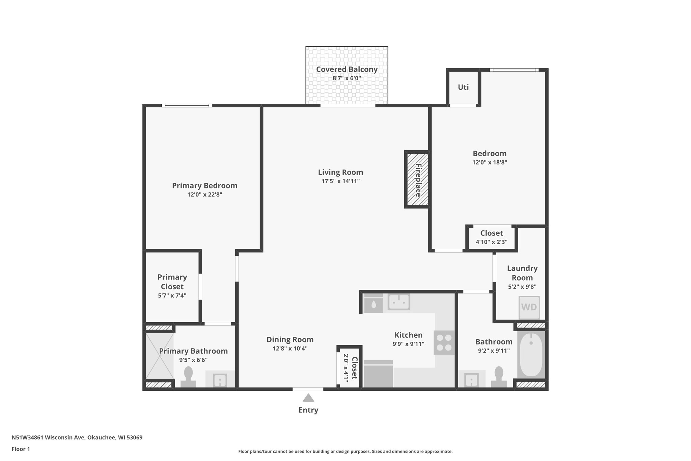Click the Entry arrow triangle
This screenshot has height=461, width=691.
click(308, 398)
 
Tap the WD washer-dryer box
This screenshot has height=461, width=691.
click(529, 307)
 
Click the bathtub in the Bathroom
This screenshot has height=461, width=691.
click(531, 355)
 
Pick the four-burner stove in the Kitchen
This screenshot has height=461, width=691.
click(444, 342)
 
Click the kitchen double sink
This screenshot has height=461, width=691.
click(398, 302)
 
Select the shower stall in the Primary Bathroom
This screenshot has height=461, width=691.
click(159, 356)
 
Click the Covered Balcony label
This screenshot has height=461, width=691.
click(347, 70)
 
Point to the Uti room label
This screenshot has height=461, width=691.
click(463, 87)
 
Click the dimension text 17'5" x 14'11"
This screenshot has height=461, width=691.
click(340, 181)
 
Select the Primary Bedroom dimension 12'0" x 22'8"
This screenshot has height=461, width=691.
click(204, 195)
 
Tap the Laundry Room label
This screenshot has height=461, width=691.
click(522, 273)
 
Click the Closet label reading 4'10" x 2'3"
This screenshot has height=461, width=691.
click(491, 241)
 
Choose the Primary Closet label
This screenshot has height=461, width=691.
click(172, 282)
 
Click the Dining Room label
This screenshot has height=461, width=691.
click(290, 339)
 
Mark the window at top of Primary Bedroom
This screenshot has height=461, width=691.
click(187, 105)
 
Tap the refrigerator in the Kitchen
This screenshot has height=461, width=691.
click(378, 374)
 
